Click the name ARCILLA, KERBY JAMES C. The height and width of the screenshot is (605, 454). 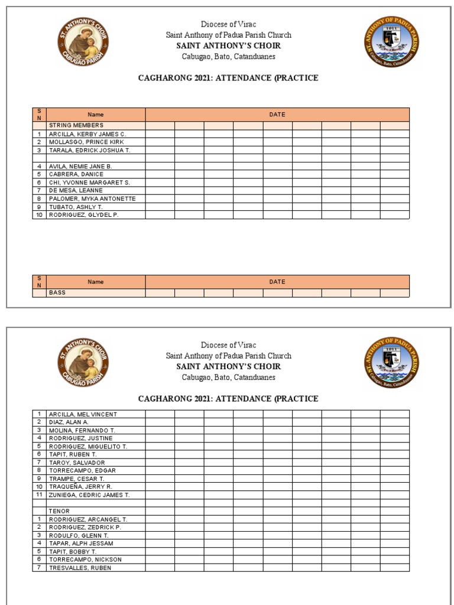[x=87, y=134]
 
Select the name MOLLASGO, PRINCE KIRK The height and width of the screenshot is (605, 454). [x=86, y=142]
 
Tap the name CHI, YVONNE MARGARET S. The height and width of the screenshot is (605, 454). [x=89, y=183]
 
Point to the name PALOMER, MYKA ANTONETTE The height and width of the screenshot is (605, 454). [x=92, y=199]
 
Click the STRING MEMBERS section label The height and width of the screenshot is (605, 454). [x=76, y=126]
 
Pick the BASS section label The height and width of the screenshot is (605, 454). [x=57, y=293]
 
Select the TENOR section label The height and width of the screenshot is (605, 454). [x=59, y=511]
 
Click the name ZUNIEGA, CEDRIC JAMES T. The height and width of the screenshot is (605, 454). [x=89, y=495]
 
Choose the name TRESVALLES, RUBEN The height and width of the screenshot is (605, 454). [x=80, y=568]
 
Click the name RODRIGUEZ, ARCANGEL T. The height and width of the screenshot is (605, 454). [x=88, y=519]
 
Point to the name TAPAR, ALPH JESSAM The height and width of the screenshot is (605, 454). [x=81, y=544]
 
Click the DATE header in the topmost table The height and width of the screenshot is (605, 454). [x=277, y=115]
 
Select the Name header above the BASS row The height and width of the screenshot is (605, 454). [x=96, y=282]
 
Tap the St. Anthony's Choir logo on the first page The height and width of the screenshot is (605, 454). [x=83, y=41]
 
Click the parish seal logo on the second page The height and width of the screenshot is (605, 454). [x=391, y=362]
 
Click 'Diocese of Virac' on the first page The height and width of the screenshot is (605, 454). [x=228, y=24]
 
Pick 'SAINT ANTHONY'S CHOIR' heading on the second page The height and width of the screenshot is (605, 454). [x=228, y=367]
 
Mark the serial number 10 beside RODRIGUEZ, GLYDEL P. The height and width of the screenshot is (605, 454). [x=40, y=215]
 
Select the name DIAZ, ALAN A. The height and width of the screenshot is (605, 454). [x=69, y=422]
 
